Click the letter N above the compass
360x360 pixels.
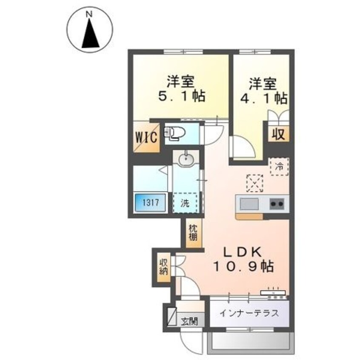pyautogui.click(x=89, y=14)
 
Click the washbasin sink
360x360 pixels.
pyautogui.click(x=186, y=158)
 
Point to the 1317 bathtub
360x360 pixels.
pyautogui.click(x=151, y=203)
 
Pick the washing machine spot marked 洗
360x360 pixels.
pyautogui.click(x=185, y=203)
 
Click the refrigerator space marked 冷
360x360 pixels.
pyautogui.click(x=280, y=167)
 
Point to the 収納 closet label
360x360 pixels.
pyautogui.click(x=164, y=267)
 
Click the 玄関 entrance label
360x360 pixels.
pyautogui.click(x=189, y=321)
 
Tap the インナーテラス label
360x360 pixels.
pyautogui.click(x=249, y=313)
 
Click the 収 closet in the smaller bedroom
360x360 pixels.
pyautogui.click(x=278, y=134)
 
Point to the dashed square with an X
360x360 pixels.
pyautogui.click(x=254, y=183)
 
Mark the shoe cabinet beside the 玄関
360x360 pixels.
pyautogui.click(x=172, y=316)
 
